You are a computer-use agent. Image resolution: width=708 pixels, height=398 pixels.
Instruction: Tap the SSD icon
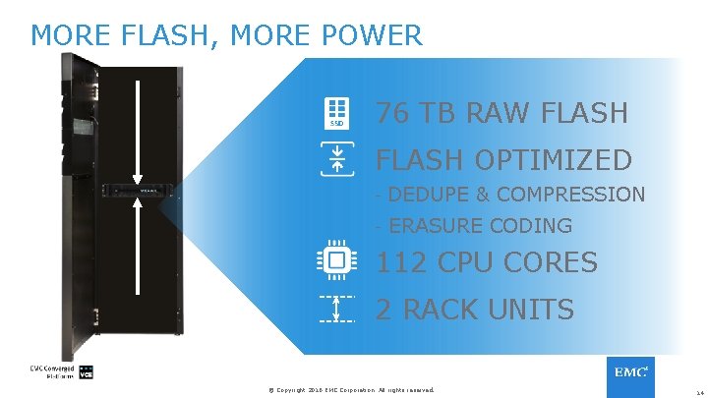point(336,113)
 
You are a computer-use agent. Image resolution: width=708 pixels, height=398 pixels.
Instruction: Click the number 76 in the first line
point(393,113)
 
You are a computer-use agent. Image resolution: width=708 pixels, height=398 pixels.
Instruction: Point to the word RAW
point(491,113)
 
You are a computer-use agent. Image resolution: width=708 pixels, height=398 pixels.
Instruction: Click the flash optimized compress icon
point(336,159)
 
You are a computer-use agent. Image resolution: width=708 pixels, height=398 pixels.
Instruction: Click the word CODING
point(531,226)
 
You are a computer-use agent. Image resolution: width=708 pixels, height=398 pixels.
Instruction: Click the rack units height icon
point(336,310)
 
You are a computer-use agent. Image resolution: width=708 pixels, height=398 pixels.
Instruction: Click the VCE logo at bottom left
point(87,374)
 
